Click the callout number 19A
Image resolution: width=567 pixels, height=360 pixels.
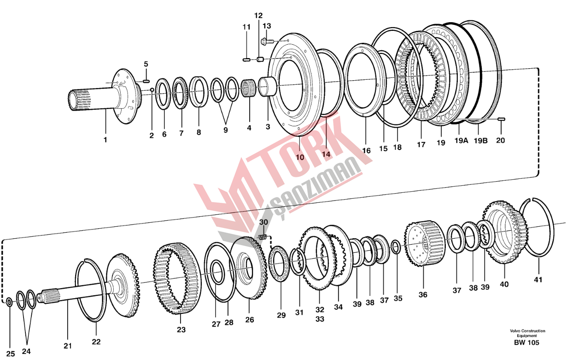tap(461, 140)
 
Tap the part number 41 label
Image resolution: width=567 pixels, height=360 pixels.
tap(538, 280)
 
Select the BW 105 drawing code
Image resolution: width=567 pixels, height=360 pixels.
tap(526, 342)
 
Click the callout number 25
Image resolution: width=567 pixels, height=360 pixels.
tap(11, 354)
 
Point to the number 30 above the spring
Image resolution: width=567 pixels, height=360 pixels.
tap(263, 222)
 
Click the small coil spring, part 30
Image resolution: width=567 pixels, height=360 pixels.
tap(263, 237)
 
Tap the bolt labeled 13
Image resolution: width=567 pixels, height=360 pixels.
tap(267, 40)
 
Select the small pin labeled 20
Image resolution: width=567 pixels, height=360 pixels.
tap(501, 119)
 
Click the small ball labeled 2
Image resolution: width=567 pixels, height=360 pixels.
tap(152, 89)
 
